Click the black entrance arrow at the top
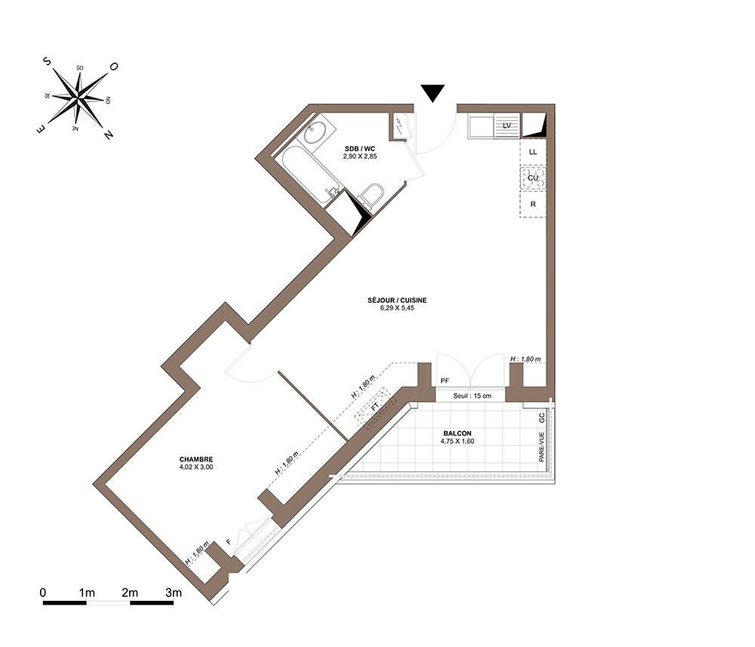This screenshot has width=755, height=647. point(433,92)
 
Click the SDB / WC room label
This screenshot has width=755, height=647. point(359,149)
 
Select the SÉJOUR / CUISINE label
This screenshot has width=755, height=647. point(397,300)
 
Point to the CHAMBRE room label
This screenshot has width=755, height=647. point(196,459)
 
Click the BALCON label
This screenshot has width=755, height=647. point(458,433)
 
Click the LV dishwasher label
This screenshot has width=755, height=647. point(507,125)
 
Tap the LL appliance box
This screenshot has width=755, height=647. point(532,152)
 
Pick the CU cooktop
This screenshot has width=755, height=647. point(532,178)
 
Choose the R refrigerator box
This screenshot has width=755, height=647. point(532,204)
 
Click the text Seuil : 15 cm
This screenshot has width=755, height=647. point(473,396)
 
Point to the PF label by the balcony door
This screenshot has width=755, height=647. point(445,380)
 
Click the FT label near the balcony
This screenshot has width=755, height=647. point(375,407)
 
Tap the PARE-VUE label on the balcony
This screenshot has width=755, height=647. point(541,447)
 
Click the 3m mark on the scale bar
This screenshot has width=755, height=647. point(174,593)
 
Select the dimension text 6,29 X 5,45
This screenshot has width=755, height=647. point(397,308)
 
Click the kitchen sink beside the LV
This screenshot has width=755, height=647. point(481,127)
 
